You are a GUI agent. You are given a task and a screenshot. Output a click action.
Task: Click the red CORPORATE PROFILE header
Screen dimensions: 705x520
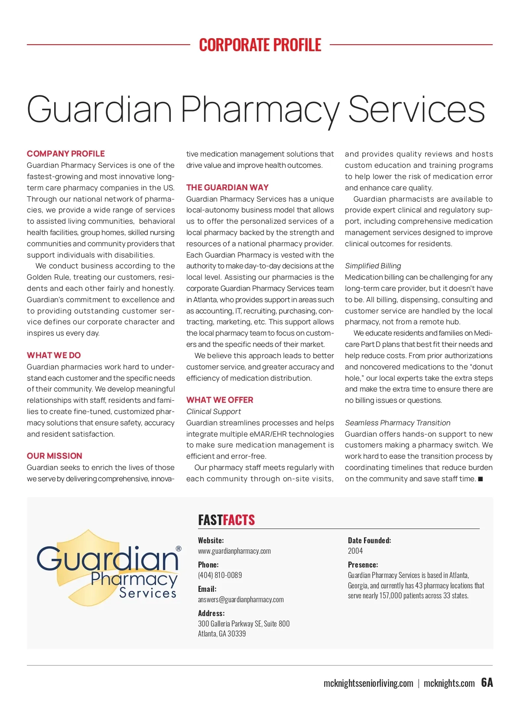pos(260,45)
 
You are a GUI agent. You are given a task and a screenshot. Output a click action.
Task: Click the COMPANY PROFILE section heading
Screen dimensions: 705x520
pos(66,153)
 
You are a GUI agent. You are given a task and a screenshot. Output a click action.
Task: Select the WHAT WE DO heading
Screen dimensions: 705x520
pos(54,355)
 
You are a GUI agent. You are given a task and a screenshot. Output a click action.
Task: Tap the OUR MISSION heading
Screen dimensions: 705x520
pos(55,456)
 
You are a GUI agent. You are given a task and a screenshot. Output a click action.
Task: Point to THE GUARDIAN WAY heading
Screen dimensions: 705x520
pos(227,187)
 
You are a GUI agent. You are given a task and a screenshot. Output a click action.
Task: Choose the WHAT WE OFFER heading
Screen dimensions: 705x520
pos(220,400)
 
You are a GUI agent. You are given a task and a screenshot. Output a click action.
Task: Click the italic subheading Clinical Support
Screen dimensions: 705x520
pos(214,411)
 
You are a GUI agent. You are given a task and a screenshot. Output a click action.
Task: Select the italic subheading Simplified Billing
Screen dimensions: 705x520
pos(373,266)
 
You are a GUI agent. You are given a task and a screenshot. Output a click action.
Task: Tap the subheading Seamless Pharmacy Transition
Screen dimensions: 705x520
pos(398,423)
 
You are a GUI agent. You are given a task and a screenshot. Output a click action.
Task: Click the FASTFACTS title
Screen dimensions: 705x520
pos(227,520)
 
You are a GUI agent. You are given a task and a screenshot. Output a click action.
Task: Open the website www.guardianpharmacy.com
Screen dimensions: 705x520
pos(234,551)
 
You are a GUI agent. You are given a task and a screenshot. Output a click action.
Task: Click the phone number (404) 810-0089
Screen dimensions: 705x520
pos(220,575)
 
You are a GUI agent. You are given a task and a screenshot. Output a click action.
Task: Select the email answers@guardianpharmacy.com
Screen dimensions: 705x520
pos(241,600)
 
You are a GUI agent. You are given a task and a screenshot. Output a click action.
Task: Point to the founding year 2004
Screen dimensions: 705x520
pos(355,551)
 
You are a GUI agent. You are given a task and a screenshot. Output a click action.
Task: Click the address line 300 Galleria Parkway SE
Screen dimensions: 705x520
pos(244,624)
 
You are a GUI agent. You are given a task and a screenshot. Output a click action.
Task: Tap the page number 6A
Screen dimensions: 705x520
pos(487,683)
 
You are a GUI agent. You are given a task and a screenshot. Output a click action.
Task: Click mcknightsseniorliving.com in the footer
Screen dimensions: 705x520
pos(368,684)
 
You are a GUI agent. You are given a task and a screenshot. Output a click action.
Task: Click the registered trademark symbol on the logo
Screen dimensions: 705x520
pos(179,549)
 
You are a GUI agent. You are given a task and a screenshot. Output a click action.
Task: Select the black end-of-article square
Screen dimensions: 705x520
pos(480,479)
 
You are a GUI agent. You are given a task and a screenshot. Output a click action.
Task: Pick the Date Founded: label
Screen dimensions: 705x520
pos(369,540)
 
